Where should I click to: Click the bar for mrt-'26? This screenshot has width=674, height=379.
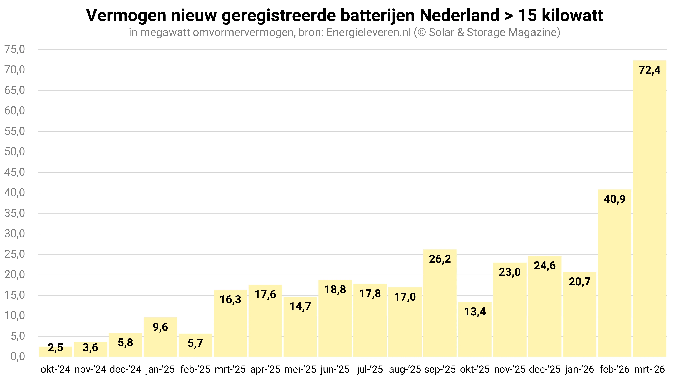pyautogui.click(x=649, y=209)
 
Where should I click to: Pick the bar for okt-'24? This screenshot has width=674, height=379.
pyautogui.click(x=56, y=352)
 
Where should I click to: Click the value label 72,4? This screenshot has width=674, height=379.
pyautogui.click(x=649, y=70)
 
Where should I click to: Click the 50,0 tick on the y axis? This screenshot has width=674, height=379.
pyautogui.click(x=15, y=152)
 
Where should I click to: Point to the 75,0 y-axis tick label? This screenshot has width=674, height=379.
pyautogui.click(x=15, y=49)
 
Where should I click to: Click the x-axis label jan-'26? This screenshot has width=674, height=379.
pyautogui.click(x=580, y=369)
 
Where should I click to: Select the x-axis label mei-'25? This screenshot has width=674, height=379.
pyautogui.click(x=300, y=369)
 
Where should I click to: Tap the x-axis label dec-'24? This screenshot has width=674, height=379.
pyautogui.click(x=125, y=369)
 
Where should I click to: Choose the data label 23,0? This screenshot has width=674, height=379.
pyautogui.click(x=510, y=272)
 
